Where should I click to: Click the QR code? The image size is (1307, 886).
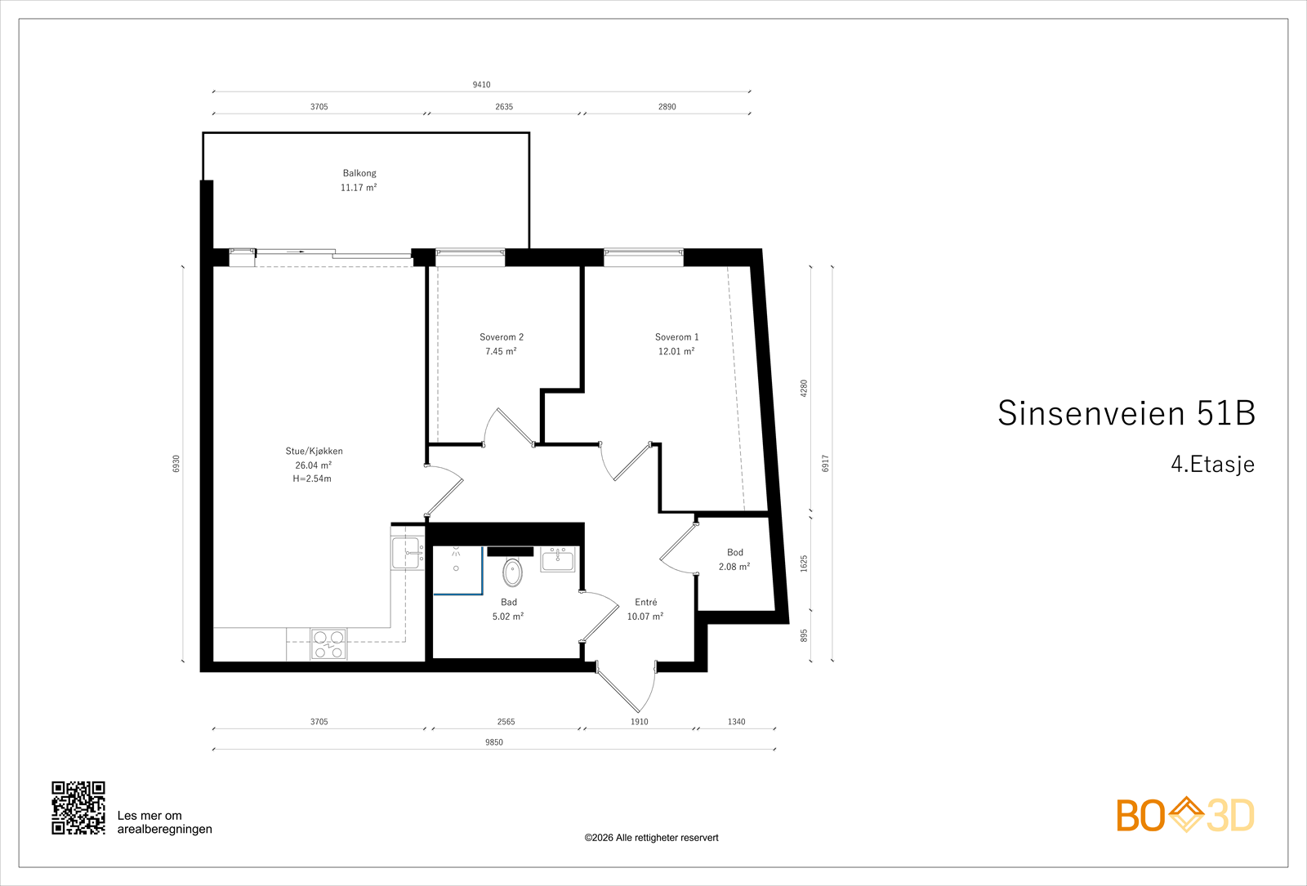point(78,808)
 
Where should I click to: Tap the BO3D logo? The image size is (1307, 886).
point(1185,815)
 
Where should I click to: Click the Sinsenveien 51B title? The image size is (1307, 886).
point(1126,413)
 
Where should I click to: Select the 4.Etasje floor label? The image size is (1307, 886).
point(1212,465)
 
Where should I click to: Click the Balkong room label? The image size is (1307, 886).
point(359,173)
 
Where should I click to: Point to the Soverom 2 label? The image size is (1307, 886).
point(502,337)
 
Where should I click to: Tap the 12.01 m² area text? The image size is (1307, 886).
point(676,351)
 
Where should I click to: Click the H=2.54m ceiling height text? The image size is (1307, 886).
point(312,479)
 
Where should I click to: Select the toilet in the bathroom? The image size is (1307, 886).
point(512,572)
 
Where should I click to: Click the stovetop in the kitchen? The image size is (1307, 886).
point(328,644)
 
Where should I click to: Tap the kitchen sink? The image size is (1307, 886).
point(408,553)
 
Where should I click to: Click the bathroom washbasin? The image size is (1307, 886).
point(558,559)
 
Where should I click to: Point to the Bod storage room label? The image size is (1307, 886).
point(735,552)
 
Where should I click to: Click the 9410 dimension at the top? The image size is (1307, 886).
point(481,85)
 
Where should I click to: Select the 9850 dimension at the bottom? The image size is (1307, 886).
point(493,742)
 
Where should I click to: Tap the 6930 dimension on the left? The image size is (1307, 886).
point(176,464)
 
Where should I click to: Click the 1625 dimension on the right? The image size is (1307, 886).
point(804,563)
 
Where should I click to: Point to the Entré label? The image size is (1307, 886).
point(646,602)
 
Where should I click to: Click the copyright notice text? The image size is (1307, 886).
point(651,838)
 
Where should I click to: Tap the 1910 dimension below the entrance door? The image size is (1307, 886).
point(640,722)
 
